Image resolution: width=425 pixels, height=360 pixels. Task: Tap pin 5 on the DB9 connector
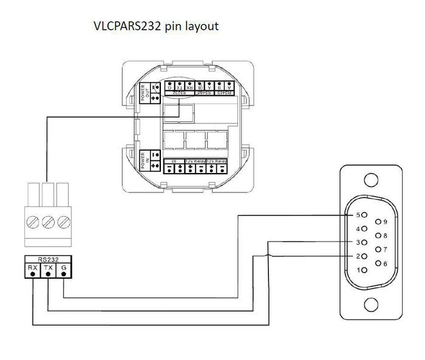click(364, 215)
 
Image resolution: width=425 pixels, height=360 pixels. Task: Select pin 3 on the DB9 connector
click(364, 242)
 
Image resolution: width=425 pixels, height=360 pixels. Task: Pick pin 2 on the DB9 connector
click(364, 256)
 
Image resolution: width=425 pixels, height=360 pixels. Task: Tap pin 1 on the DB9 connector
click(364, 270)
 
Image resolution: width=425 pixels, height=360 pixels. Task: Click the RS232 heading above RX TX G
click(47, 259)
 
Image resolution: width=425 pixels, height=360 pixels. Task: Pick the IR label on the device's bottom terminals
click(173, 160)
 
